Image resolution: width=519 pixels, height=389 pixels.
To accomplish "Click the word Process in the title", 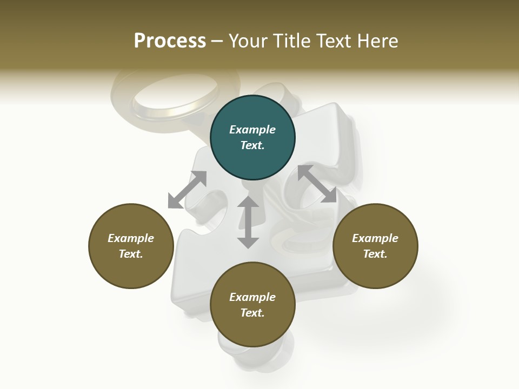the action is click(x=170, y=41).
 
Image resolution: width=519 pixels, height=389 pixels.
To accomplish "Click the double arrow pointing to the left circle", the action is click(x=187, y=190).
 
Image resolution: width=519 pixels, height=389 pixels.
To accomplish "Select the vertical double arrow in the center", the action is click(x=248, y=222).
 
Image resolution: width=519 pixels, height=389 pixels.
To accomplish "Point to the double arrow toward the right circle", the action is click(x=317, y=184).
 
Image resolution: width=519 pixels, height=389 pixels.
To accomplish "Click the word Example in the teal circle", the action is click(x=252, y=130).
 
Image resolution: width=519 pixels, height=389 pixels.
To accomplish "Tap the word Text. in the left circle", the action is click(x=131, y=254).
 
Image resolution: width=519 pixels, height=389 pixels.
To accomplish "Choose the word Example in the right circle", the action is click(x=375, y=238).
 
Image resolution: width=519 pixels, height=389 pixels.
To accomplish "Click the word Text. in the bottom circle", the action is click(x=252, y=313).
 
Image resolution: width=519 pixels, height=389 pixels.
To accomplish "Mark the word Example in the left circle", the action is click(x=131, y=238).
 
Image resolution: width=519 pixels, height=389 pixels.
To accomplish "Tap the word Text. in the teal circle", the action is click(x=252, y=145).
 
